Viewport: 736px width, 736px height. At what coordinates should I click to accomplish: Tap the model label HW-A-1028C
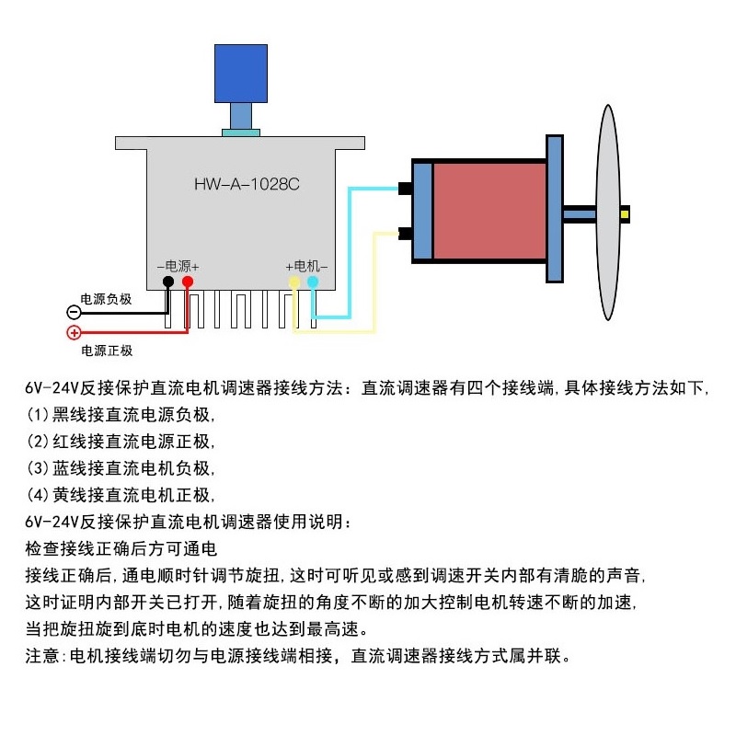[247, 183]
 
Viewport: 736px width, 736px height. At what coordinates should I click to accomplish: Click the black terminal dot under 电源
[168, 282]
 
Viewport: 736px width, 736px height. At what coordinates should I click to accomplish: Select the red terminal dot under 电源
[188, 282]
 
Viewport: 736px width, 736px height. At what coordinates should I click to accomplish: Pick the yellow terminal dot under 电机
[293, 282]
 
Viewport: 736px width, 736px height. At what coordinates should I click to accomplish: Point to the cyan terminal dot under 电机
[313, 282]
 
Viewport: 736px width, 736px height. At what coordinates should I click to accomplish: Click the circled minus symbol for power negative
[75, 312]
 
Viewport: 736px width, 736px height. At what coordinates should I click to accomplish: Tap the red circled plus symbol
[75, 332]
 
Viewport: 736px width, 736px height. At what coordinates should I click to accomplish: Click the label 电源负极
[107, 299]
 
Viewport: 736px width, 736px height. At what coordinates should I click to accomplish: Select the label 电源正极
[107, 351]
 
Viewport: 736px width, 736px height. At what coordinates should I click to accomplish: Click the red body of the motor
[488, 213]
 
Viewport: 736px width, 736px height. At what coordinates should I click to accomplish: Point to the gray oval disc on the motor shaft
[607, 213]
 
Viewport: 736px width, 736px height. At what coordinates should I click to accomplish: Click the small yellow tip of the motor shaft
[625, 214]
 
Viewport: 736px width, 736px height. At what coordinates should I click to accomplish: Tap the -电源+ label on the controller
[178, 265]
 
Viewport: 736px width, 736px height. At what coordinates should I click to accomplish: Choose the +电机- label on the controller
[306, 265]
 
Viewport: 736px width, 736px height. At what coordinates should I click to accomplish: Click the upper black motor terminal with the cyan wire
[404, 190]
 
